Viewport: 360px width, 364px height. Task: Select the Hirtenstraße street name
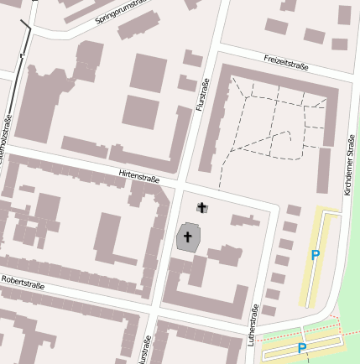click(139, 176)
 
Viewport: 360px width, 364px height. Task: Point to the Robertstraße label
click(23, 283)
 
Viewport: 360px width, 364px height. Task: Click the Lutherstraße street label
click(253, 325)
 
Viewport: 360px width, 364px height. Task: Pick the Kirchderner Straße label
click(349, 167)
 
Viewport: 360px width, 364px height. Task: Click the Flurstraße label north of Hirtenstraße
click(201, 94)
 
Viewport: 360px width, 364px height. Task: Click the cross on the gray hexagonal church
click(188, 237)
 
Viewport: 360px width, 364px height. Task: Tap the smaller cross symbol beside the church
click(201, 207)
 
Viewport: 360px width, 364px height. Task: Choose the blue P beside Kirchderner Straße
click(316, 255)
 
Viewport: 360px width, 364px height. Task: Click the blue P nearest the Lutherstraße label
click(302, 347)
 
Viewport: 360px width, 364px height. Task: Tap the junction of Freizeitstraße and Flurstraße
click(217, 47)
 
